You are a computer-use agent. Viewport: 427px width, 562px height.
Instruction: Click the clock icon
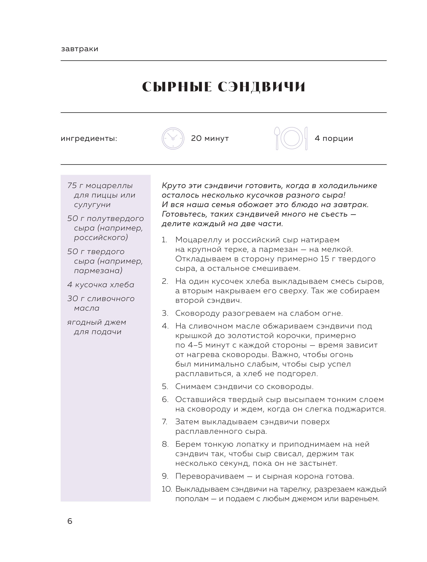pyautogui.click(x=173, y=138)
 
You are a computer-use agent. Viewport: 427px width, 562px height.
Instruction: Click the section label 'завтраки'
pyautogui.click(x=80, y=49)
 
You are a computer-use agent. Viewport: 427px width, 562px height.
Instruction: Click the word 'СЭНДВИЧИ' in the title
pyautogui.click(x=262, y=87)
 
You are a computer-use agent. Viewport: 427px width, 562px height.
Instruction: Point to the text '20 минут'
pyautogui.click(x=210, y=138)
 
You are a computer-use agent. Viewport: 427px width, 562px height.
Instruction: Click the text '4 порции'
pyautogui.click(x=334, y=138)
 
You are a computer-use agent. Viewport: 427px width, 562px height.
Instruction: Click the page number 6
pyautogui.click(x=70, y=521)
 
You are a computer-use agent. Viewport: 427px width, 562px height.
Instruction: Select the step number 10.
pyautogui.click(x=167, y=489)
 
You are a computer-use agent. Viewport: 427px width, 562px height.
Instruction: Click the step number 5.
pyautogui.click(x=165, y=387)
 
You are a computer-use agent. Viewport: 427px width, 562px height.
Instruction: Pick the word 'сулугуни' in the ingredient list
pyautogui.click(x=92, y=205)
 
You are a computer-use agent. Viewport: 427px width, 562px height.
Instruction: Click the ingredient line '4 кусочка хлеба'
pyautogui.click(x=101, y=285)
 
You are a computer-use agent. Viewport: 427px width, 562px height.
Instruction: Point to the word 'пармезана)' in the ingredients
pyautogui.click(x=98, y=271)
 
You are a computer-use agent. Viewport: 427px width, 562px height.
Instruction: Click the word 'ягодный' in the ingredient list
pyautogui.click(x=82, y=322)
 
